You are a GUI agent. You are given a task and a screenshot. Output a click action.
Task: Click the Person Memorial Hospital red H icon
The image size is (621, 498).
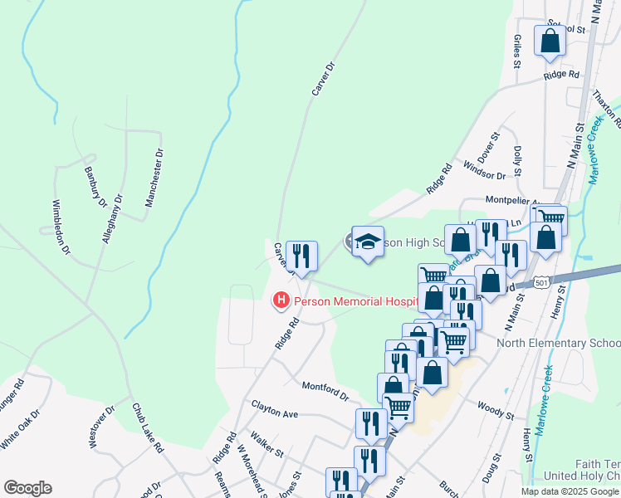click(x=281, y=300)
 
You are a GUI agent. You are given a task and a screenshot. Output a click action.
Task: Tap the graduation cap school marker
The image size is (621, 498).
click(x=368, y=242)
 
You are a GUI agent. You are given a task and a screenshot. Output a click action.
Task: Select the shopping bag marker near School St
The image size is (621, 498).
click(x=550, y=41)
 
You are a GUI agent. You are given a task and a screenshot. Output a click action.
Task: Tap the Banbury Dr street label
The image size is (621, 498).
click(x=96, y=187)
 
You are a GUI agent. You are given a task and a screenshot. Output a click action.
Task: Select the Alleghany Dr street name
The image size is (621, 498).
click(x=112, y=218)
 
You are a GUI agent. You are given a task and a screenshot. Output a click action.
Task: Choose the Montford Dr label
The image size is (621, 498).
click(x=325, y=391)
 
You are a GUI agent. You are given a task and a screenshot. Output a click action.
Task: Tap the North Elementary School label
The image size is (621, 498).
click(x=558, y=344)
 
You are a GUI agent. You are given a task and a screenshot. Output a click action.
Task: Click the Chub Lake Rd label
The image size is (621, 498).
click(x=149, y=428)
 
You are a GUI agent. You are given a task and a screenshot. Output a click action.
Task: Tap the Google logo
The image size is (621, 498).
click(x=27, y=488)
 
